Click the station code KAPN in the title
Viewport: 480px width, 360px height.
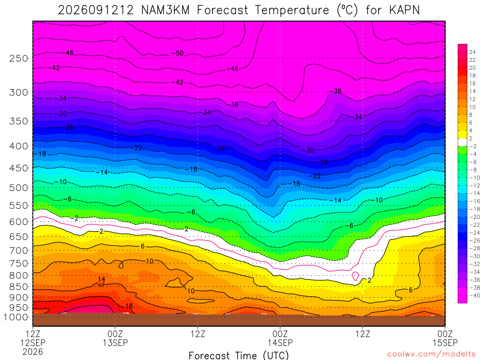point(404,10)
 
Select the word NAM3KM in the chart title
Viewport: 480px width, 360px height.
point(165,10)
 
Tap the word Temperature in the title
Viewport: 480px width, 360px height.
point(292,10)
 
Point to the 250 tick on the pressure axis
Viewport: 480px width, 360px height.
point(19,58)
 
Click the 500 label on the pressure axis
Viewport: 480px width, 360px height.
point(19,187)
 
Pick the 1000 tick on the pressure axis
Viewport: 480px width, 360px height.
point(16,317)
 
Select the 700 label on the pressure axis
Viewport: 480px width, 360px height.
point(19,250)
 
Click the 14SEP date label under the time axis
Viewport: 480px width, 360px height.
point(280,343)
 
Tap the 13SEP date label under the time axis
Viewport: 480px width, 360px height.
point(115,343)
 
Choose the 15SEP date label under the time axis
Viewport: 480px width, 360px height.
point(445,343)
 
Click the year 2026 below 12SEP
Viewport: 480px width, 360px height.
point(33,352)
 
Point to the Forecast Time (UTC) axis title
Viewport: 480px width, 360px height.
point(239,355)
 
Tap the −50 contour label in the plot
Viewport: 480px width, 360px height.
point(177,53)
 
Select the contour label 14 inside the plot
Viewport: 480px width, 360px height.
point(101,279)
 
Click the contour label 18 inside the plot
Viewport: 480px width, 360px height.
point(129,306)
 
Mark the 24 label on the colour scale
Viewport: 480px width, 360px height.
point(472,52)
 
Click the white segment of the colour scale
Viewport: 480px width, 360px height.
point(462,142)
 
